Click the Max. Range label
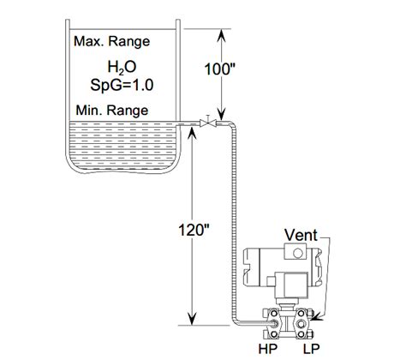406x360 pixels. pyautogui.click(x=111, y=41)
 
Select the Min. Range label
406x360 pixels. pyautogui.click(x=110, y=111)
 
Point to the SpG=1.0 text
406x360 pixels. pyautogui.click(x=121, y=85)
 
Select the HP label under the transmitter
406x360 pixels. pyautogui.click(x=267, y=350)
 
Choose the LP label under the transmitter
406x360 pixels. pyautogui.click(x=310, y=350)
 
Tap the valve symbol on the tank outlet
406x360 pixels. pyautogui.click(x=206, y=123)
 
